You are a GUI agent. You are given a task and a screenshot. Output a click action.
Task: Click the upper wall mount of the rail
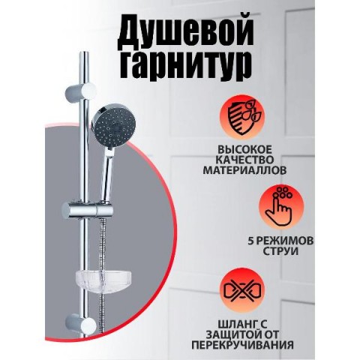point(80,91)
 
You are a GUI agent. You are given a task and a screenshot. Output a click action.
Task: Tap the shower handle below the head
point(106,175)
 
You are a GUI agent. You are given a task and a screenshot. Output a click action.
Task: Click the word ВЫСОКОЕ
point(244,150)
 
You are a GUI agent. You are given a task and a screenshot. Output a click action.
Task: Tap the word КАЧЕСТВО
point(244,160)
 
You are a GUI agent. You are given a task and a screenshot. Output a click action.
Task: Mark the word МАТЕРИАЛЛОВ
point(244,170)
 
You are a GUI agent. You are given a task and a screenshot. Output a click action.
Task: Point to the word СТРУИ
point(280,251)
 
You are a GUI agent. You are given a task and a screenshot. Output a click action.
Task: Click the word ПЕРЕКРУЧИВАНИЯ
point(242,345)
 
